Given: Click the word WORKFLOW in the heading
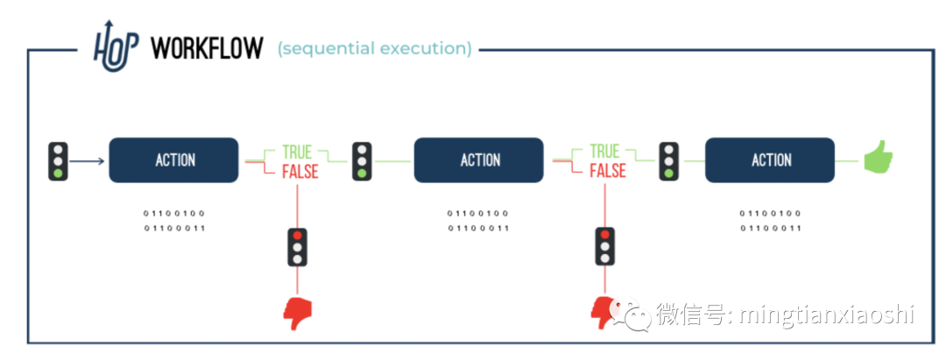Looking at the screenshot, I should (x=207, y=48).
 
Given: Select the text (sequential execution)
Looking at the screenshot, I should (x=375, y=49).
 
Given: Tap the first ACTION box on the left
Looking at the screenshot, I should (x=173, y=160).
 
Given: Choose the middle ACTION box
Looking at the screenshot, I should (x=479, y=160).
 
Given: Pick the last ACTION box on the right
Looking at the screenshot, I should (x=771, y=160).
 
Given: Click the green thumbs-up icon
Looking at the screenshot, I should (x=877, y=159).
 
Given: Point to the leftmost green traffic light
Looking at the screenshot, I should (x=59, y=161).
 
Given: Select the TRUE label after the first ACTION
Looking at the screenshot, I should (x=297, y=152).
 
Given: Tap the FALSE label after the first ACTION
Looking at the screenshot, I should (x=300, y=171).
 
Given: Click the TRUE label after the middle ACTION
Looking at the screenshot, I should (x=604, y=152).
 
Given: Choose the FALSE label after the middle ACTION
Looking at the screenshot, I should (x=607, y=171).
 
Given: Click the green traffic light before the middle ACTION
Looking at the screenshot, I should (x=362, y=162).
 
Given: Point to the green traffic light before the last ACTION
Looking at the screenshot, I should (x=668, y=162).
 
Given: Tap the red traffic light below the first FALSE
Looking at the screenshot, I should (x=298, y=247).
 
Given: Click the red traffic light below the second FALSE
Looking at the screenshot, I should (x=604, y=247).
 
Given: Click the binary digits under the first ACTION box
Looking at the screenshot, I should (x=173, y=221).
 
